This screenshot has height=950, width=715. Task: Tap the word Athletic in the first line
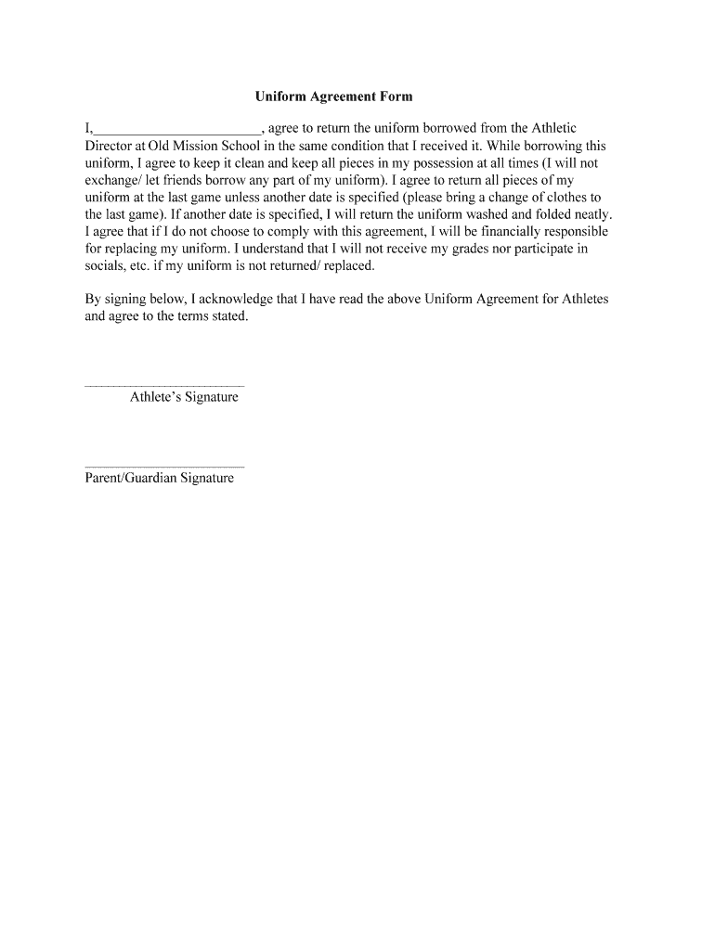coord(554,129)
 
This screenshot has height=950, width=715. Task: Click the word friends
coord(189,180)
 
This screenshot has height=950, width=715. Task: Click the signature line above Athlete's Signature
coord(164,384)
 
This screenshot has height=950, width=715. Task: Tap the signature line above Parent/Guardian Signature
coord(164,466)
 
